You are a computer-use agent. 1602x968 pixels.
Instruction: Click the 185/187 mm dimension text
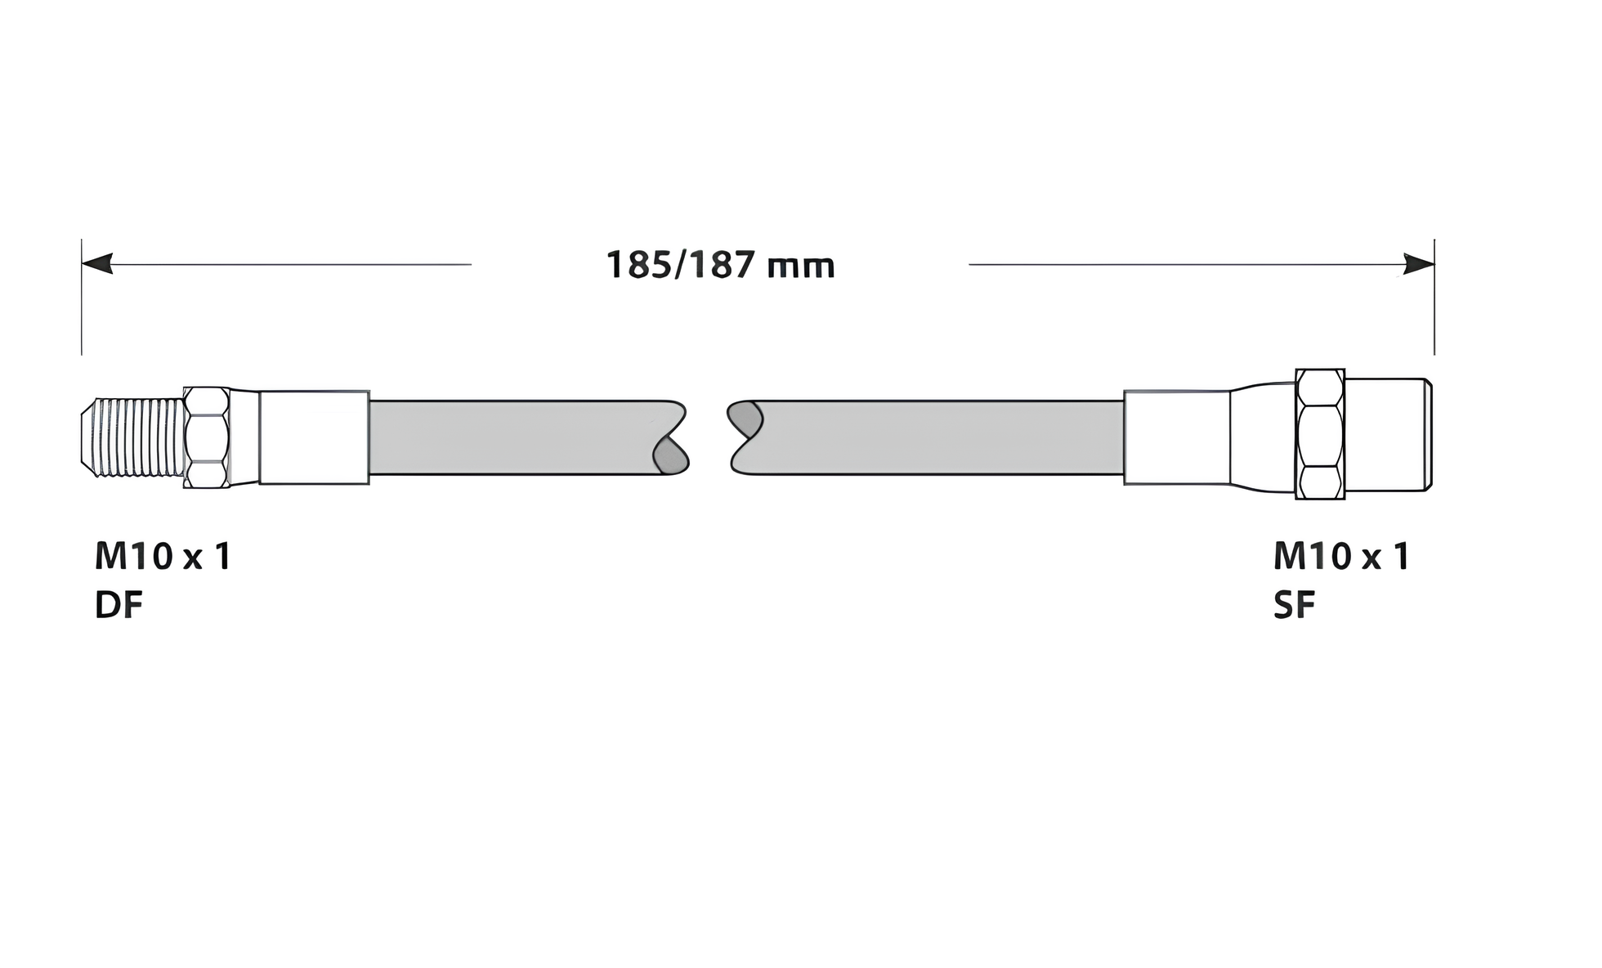tap(720, 266)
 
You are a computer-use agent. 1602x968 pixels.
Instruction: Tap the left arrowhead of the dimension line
tap(97, 264)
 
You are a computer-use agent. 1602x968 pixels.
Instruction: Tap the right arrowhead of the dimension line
tap(1419, 264)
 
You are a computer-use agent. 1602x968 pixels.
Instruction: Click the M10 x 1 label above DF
tap(163, 557)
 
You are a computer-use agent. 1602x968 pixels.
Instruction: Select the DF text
tap(119, 606)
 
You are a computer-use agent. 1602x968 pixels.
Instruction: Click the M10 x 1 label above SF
tap(1342, 557)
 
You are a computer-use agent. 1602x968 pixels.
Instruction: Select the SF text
tap(1295, 606)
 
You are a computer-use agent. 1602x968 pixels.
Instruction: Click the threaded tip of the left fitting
tap(133, 437)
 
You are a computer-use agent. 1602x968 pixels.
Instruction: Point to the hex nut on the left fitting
tap(207, 437)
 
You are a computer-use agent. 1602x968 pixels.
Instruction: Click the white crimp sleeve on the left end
tap(314, 437)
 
